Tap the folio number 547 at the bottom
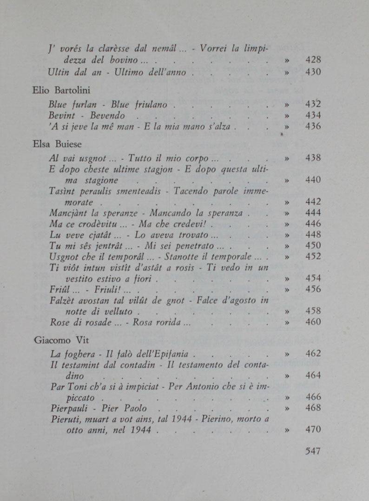313,451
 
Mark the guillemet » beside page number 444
287,213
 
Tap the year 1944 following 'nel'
142,430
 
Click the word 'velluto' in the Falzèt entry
117,311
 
